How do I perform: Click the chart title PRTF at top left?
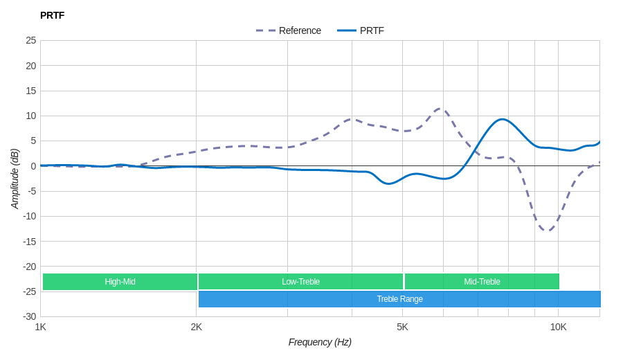pos(52,15)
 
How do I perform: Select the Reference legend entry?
pos(289,30)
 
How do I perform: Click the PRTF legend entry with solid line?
pos(361,30)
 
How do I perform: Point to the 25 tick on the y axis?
pos(30,40)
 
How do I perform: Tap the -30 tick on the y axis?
pos(28,316)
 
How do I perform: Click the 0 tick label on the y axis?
pos(33,166)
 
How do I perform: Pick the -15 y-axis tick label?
pos(28,241)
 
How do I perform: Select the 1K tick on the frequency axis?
pos(41,327)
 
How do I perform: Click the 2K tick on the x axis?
pos(197,327)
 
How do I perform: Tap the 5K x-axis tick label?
pos(402,327)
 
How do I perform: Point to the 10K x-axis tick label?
pos(558,327)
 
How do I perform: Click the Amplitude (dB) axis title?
pos(15,179)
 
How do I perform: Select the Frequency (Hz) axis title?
pos(320,342)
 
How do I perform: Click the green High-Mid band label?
pos(120,282)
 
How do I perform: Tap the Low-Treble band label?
pos(300,282)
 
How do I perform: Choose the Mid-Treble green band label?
pos(482,282)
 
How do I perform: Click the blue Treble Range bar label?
pos(399,299)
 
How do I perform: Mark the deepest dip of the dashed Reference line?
pos(547,231)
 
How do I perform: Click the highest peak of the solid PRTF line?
pos(503,120)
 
